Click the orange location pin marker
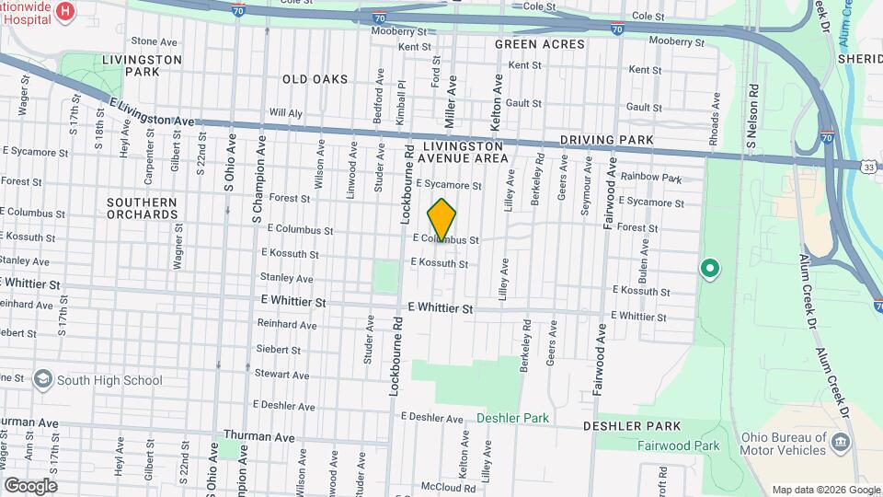pyautogui.click(x=442, y=220)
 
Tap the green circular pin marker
pyautogui.click(x=710, y=270)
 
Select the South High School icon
pyautogui.click(x=42, y=379)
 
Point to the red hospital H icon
pyautogui.click(x=65, y=11)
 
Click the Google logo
pyautogui.click(x=30, y=486)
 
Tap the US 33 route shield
pyautogui.click(x=868, y=168)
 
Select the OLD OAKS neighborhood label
pyautogui.click(x=315, y=79)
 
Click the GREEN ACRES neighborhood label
pyautogui.click(x=539, y=44)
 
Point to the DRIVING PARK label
pyautogui.click(x=607, y=140)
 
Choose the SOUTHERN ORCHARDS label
pyautogui.click(x=142, y=208)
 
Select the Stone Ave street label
pyautogui.click(x=154, y=41)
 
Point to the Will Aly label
pyautogui.click(x=285, y=113)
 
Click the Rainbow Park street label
pyautogui.click(x=650, y=177)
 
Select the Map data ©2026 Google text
pyautogui.click(x=825, y=490)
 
